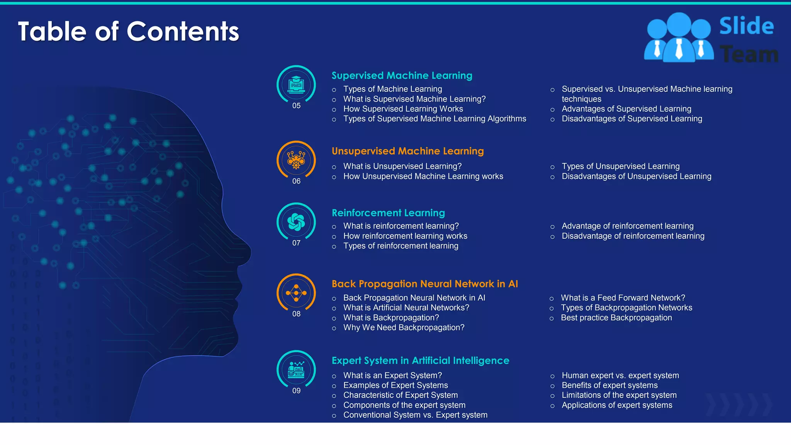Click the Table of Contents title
pos(128,31)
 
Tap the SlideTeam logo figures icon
pos(679,37)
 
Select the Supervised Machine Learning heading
pos(402,75)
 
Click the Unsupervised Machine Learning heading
pos(407,151)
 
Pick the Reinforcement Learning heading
pos(388,213)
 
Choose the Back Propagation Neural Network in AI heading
pos(424,284)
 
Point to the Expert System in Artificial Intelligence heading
pos(420,360)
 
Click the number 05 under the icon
pos(296,106)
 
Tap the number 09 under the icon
pos(296,391)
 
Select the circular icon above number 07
pos(296,222)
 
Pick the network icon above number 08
pos(296,293)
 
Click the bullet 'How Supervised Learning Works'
pos(403,109)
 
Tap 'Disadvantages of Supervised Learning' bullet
pos(631,119)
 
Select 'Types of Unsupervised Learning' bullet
pos(620,166)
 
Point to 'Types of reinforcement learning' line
pos(401,246)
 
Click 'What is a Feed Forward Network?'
pos(623,298)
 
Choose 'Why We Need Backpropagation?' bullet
pos(404,328)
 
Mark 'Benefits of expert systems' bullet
pos(609,386)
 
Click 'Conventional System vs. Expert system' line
pos(415,415)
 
